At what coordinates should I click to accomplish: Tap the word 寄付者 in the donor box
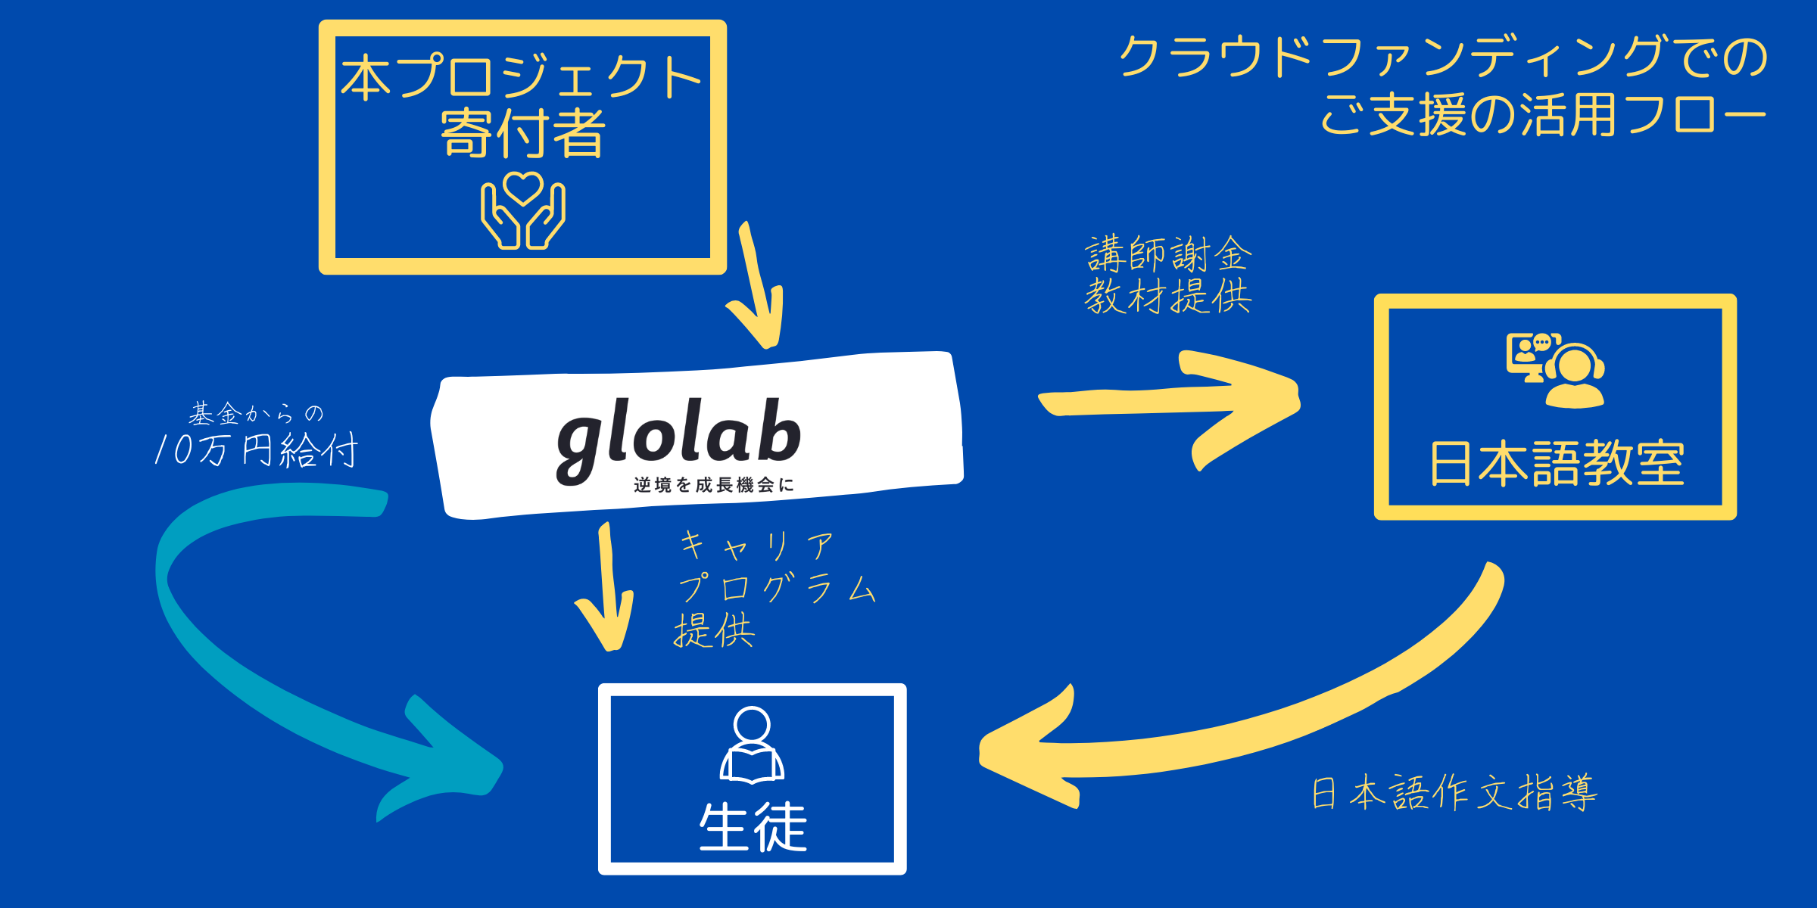[522, 133]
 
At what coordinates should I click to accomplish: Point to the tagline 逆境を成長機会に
[713, 485]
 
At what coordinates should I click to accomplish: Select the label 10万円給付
[256, 451]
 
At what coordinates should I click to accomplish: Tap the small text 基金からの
[256, 414]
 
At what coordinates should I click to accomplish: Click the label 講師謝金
[1168, 254]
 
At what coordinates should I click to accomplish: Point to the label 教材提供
[1168, 296]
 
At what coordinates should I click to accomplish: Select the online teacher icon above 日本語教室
[1555, 369]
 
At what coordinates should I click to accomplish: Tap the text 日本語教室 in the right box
[1556, 463]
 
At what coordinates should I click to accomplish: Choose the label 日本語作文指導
[1454, 793]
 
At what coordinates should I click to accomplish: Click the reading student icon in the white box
[752, 745]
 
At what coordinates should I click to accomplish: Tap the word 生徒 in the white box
[753, 827]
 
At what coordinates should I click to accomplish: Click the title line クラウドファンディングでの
[1442, 58]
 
